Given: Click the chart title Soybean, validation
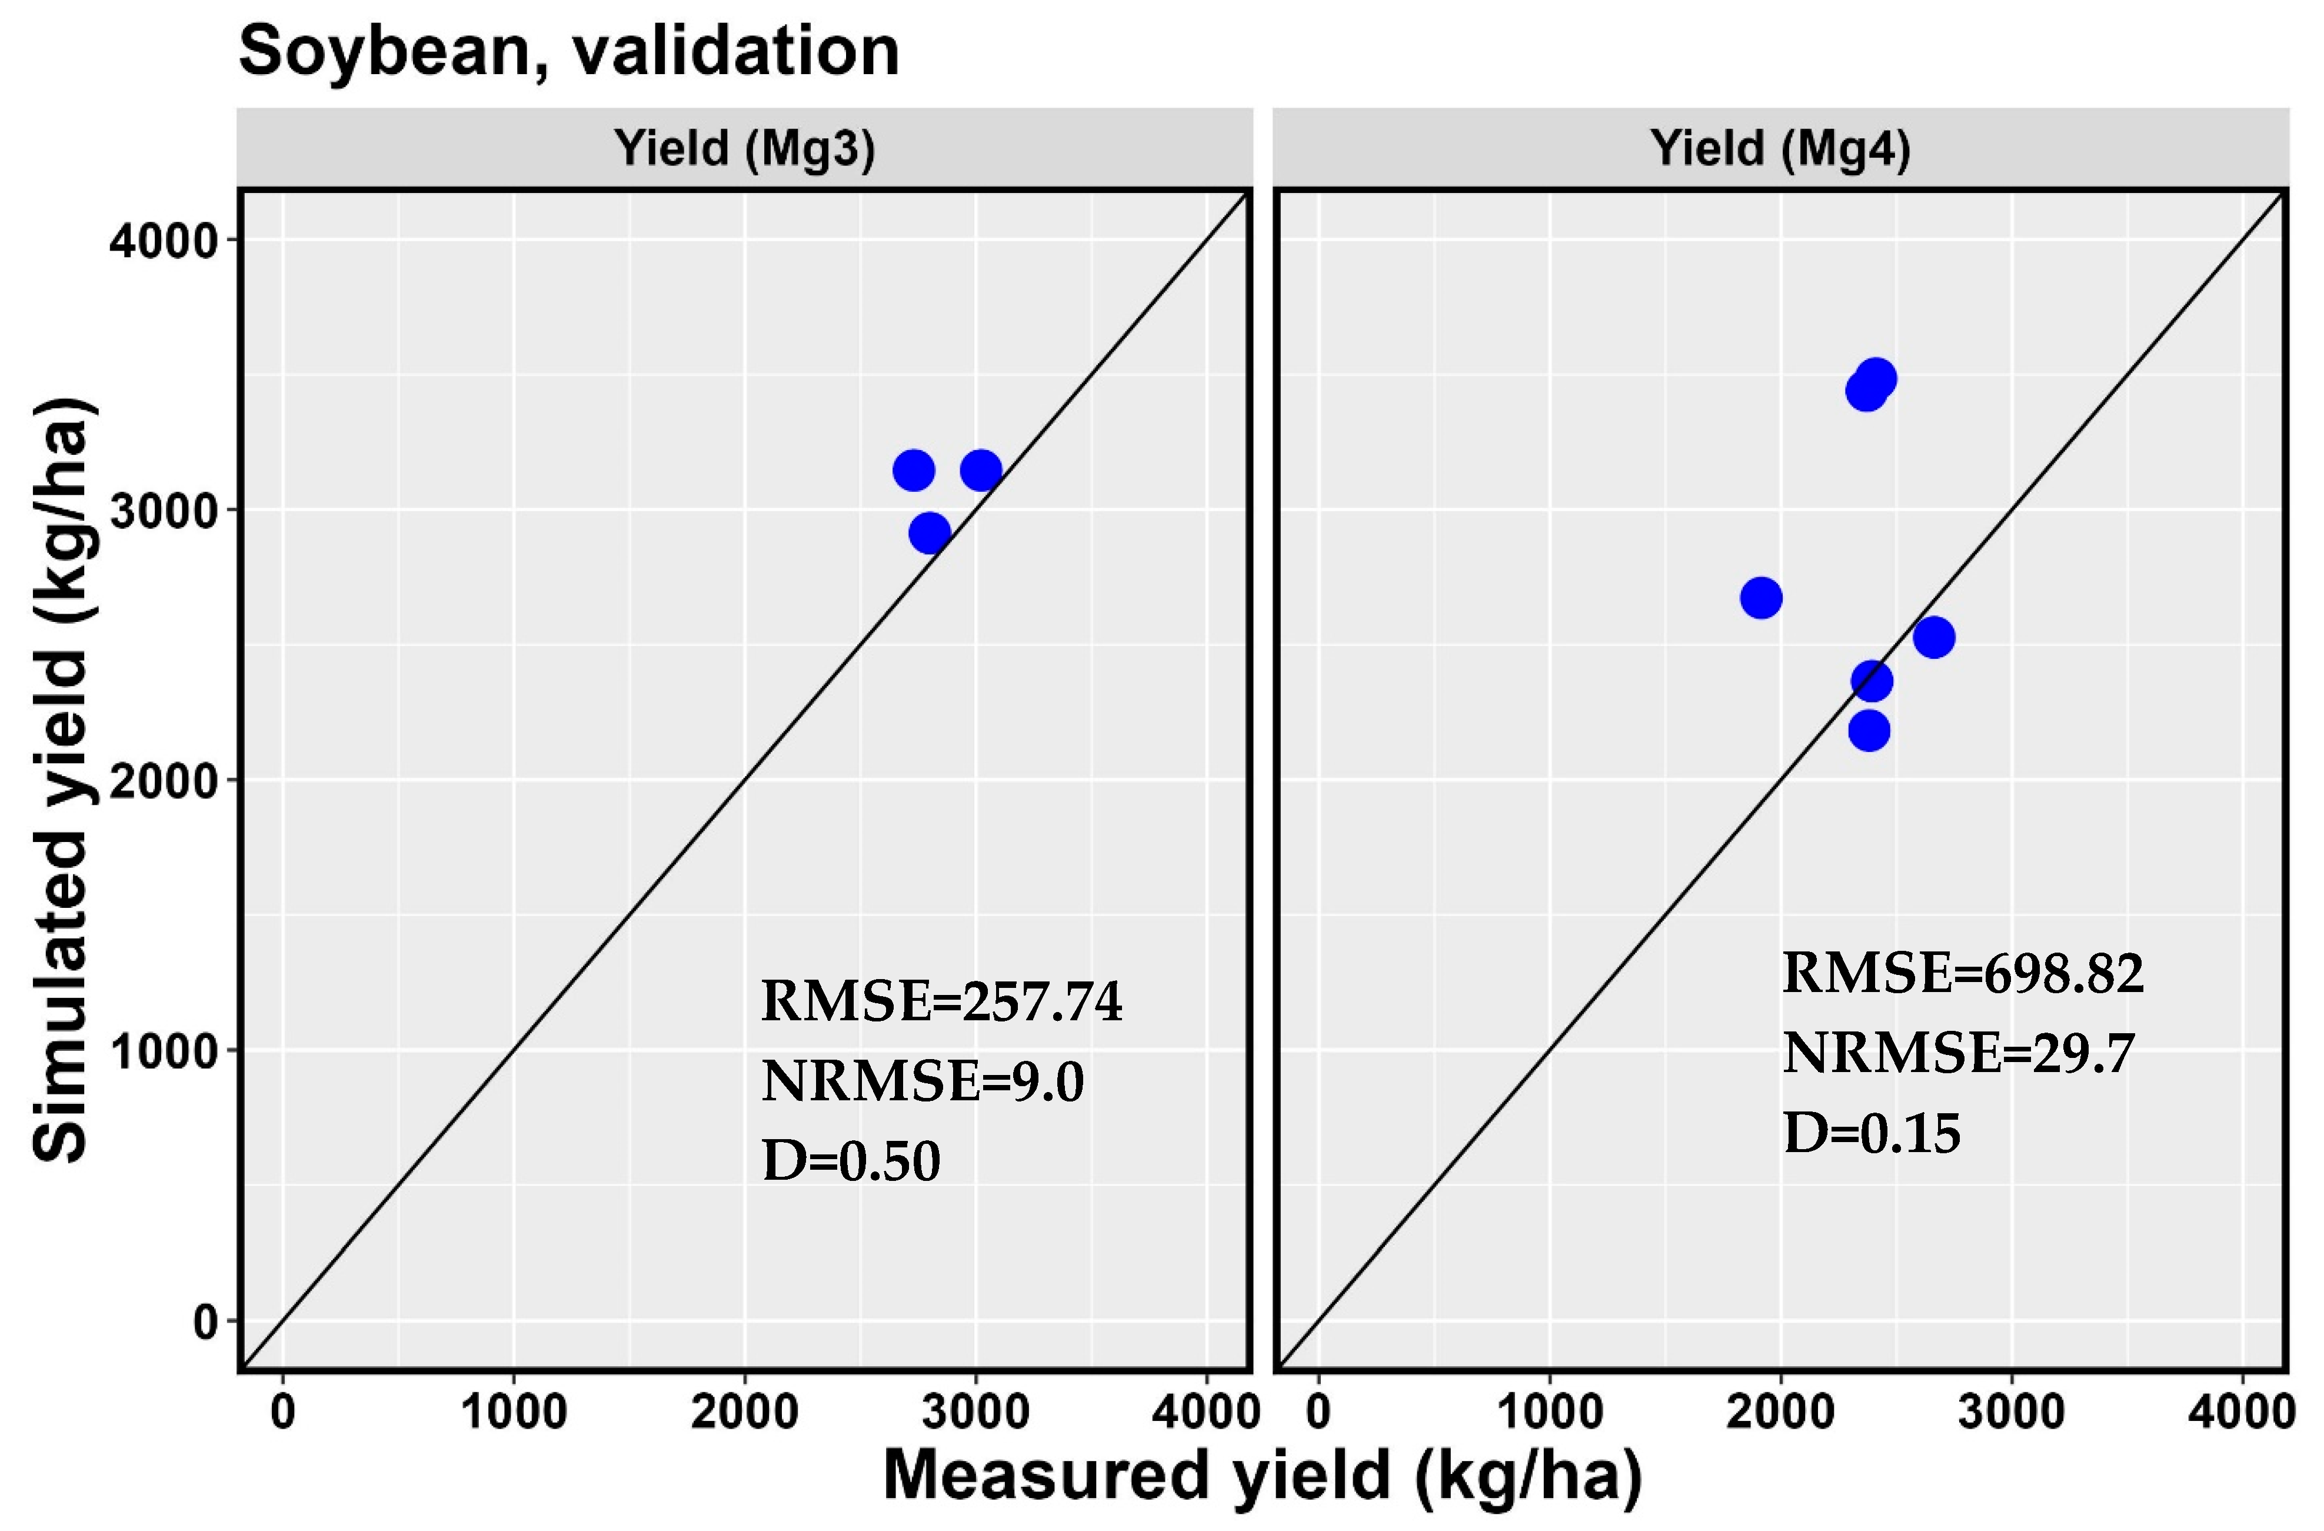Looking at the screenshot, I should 568,51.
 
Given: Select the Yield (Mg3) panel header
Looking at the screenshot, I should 744,148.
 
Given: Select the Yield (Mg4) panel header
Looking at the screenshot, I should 1780,148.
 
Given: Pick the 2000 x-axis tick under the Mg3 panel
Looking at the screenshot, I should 744,1412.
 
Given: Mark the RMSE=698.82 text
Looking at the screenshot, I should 1963,973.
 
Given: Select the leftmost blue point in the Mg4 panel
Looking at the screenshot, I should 1760,598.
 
